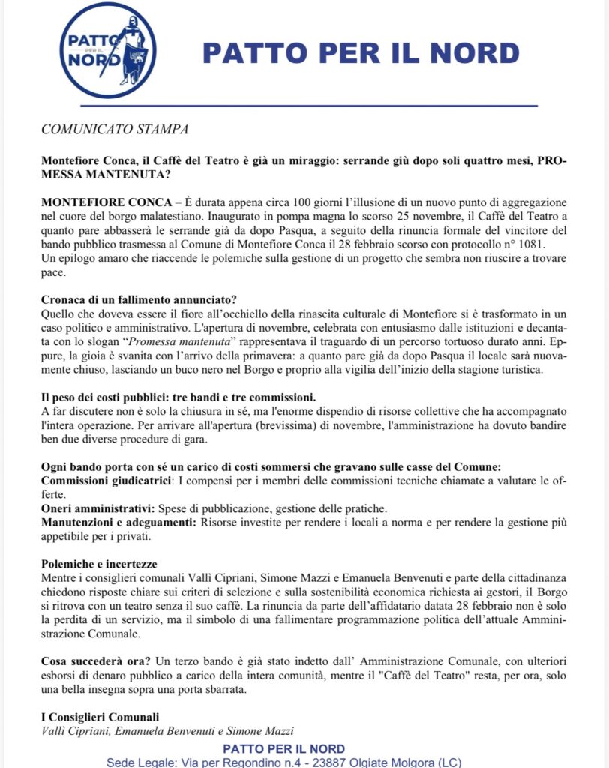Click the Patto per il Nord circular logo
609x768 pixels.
pyautogui.click(x=108, y=49)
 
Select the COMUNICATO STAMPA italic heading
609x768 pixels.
pyautogui.click(x=115, y=128)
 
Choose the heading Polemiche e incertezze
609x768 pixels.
pyautogui.click(x=104, y=562)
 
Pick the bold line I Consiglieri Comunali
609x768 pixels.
pyautogui.click(x=100, y=716)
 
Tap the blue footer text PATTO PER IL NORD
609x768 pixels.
pyautogui.click(x=284, y=748)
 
